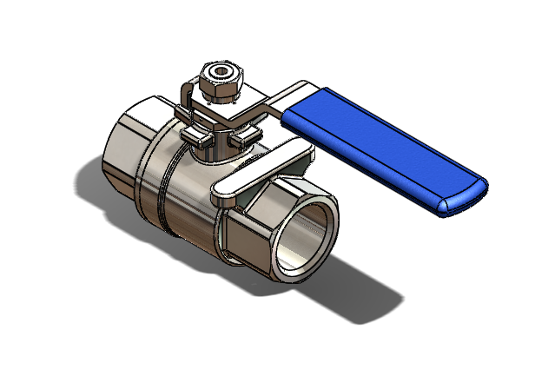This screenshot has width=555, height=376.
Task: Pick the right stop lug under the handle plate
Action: [248, 135]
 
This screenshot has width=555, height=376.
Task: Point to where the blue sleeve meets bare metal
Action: [291, 113]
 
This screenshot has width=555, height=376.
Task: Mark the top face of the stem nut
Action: [222, 69]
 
